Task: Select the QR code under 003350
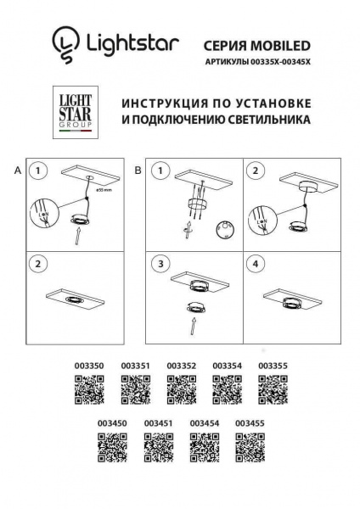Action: pyautogui.click(x=90, y=391)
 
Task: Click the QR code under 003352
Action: pyautogui.click(x=182, y=391)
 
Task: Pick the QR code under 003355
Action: pyautogui.click(x=273, y=391)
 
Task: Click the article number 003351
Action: pyautogui.click(x=136, y=366)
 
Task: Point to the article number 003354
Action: pyautogui.click(x=228, y=366)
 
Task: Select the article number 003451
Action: pyautogui.click(x=159, y=422)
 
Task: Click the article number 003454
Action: pyautogui.click(x=205, y=422)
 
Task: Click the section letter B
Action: pyautogui.click(x=138, y=171)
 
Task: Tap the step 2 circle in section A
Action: pyautogui.click(x=37, y=264)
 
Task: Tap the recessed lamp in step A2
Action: pyautogui.click(x=75, y=300)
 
